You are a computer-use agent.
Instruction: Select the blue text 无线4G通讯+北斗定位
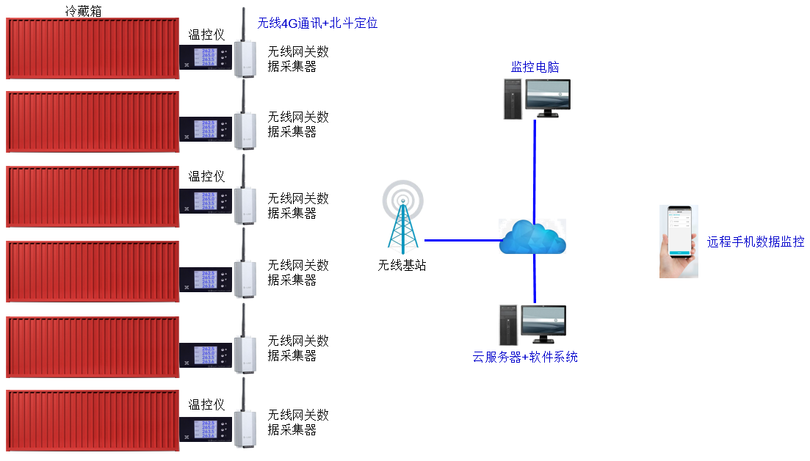pyautogui.click(x=317, y=23)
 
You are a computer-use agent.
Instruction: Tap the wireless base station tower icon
pyautogui.click(x=402, y=217)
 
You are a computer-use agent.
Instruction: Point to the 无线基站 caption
pyautogui.click(x=402, y=266)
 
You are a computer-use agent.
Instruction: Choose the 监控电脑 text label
pyautogui.click(x=535, y=68)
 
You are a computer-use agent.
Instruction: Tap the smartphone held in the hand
pyautogui.click(x=679, y=233)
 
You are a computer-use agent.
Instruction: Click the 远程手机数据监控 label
pyautogui.click(x=756, y=242)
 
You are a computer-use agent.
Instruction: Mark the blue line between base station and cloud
pyautogui.click(x=463, y=239)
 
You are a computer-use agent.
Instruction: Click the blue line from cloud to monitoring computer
pyautogui.click(x=535, y=169)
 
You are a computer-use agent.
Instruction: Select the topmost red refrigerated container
pyautogui.click(x=93, y=48)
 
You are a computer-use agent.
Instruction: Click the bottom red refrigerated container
pyautogui.click(x=93, y=421)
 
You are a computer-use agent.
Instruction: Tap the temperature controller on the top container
pyautogui.click(x=206, y=56)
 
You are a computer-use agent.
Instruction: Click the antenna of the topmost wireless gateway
pyautogui.click(x=244, y=26)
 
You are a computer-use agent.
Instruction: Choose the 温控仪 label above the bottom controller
pyautogui.click(x=206, y=404)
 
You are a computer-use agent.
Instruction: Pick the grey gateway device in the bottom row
pyautogui.click(x=245, y=429)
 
